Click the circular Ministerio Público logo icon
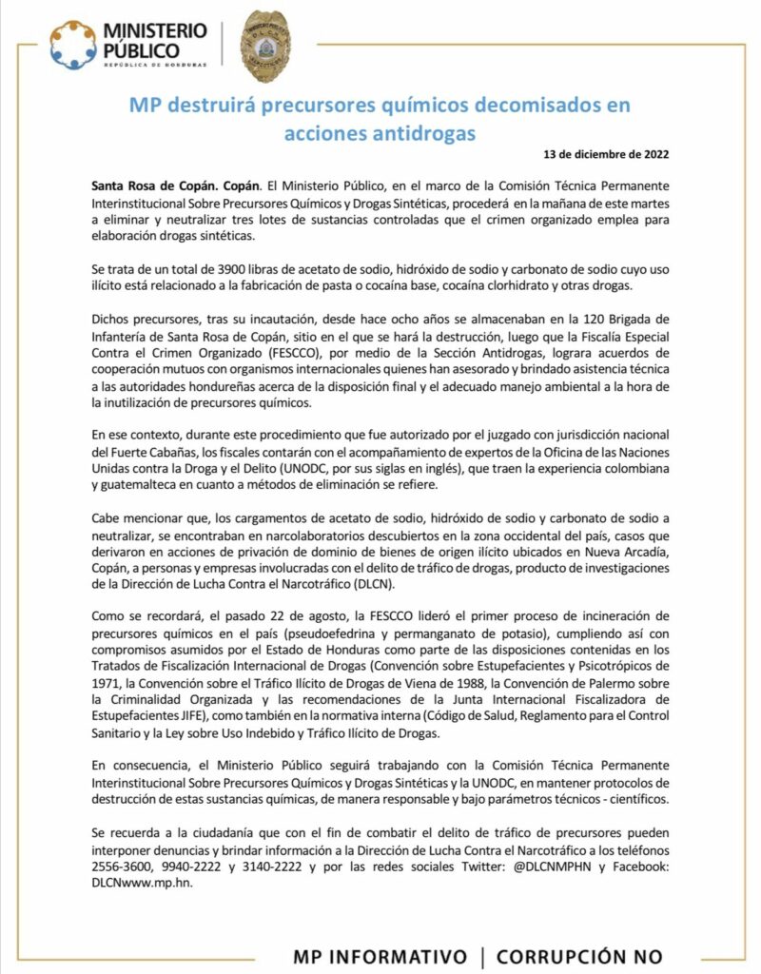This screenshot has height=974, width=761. pos(73,45)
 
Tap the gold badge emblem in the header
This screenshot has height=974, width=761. pos(266,46)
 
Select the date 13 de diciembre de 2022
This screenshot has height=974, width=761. pos(611,155)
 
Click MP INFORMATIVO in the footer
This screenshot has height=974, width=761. pos(380,957)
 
